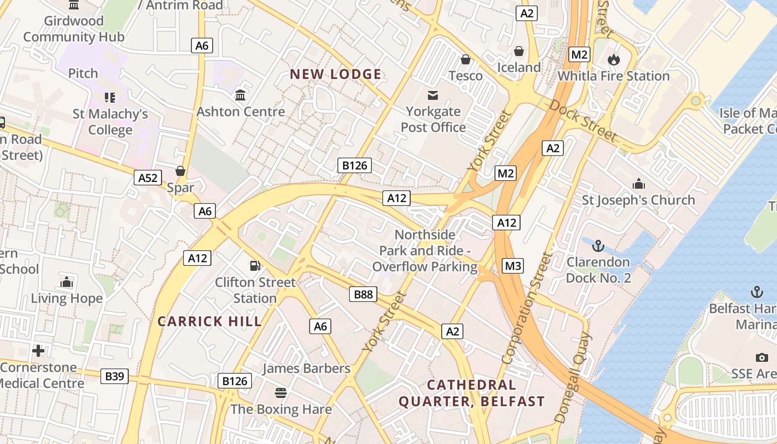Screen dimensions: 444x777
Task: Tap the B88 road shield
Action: point(364,294)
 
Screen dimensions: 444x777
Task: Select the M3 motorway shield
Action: point(513,266)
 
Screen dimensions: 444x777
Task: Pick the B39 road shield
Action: point(115,376)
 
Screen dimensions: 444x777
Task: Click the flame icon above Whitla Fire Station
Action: point(613,59)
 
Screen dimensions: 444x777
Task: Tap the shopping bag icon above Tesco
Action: point(466,59)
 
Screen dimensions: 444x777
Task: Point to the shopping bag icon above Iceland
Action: point(519,51)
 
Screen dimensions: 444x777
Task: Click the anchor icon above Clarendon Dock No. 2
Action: point(598,245)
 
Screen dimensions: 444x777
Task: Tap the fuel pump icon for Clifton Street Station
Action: point(255,266)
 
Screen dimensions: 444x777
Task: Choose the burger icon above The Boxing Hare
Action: point(281,393)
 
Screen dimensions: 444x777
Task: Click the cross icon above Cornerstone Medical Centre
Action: point(38,351)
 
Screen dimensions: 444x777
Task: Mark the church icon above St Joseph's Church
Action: point(639,184)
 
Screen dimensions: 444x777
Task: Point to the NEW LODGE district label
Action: point(336,74)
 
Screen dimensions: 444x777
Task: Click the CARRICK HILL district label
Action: point(209,321)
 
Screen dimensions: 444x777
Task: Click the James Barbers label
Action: point(306,369)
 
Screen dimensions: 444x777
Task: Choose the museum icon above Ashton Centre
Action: point(240,95)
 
